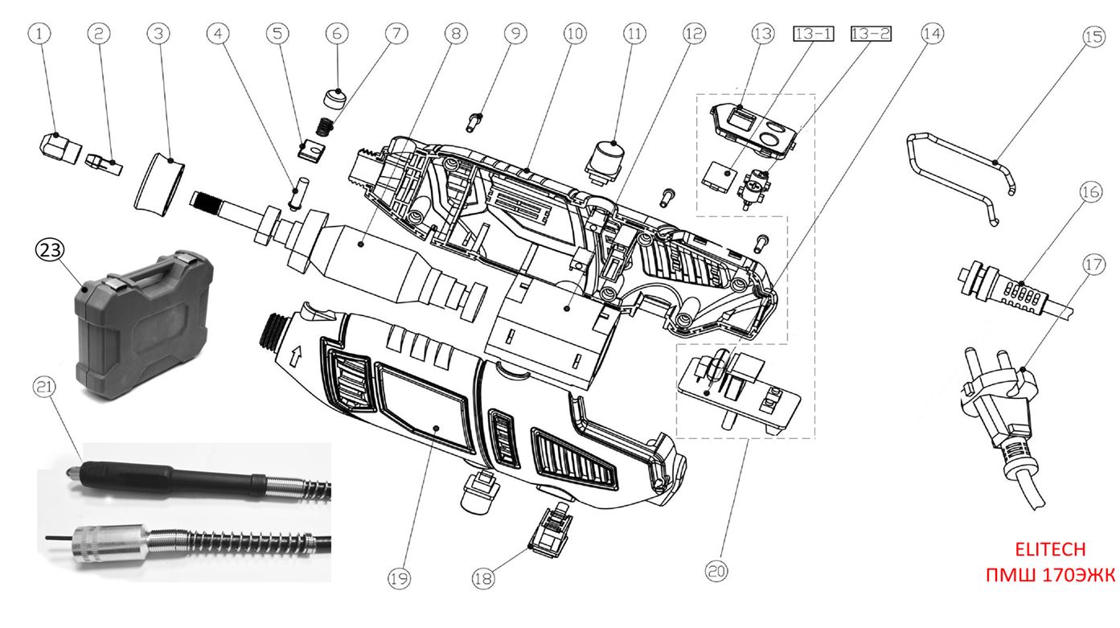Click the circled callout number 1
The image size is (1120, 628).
[43, 33]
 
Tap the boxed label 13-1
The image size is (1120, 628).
[814, 34]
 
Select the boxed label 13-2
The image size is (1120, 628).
[871, 34]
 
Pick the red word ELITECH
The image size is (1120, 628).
[1050, 549]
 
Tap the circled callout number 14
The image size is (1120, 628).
[933, 33]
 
